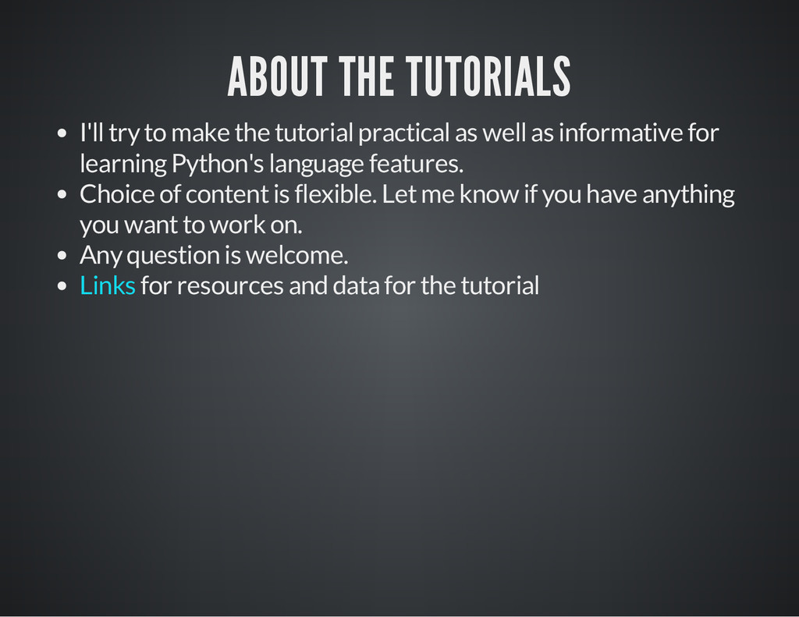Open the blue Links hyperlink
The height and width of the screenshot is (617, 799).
108,285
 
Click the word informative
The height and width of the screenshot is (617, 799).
617,133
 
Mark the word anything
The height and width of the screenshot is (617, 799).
687,193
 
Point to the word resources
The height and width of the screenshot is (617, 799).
230,285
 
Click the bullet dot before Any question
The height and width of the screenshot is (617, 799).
62,256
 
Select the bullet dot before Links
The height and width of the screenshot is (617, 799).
62,286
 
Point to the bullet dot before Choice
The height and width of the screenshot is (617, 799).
62,194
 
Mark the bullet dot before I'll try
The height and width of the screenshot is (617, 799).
62,133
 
